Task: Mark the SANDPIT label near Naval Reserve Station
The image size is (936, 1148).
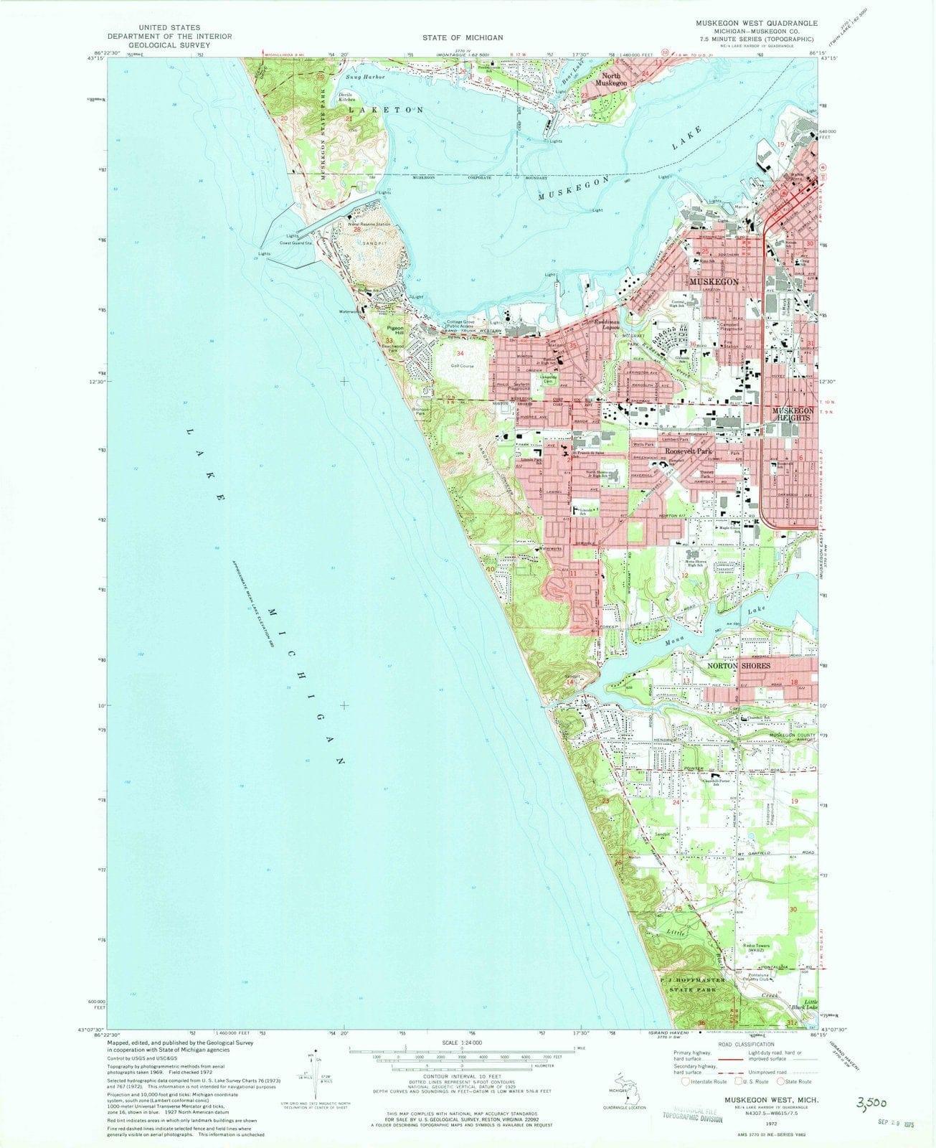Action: click(x=364, y=243)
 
